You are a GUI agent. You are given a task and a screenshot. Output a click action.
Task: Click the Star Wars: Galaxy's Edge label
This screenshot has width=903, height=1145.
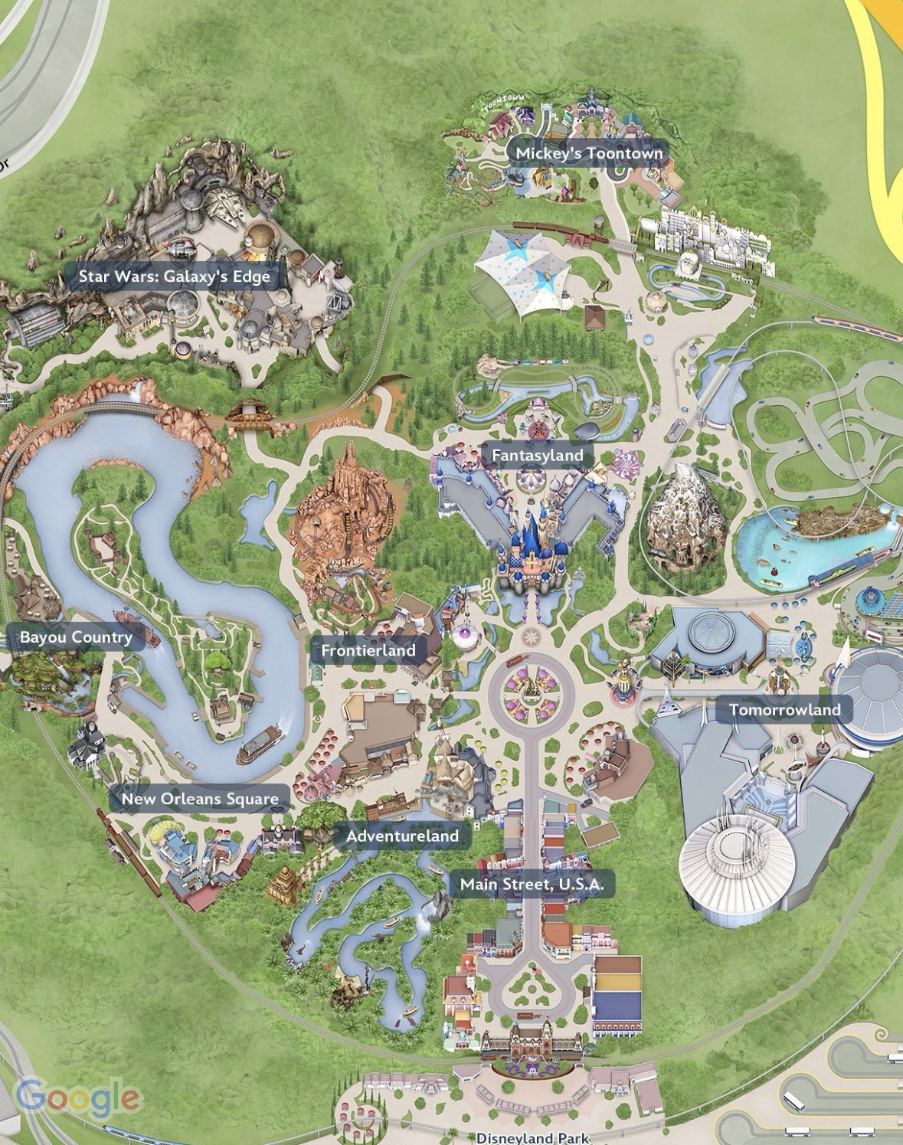[x=175, y=276]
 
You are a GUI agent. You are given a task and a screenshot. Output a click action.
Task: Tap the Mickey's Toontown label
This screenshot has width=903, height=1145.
[x=588, y=153]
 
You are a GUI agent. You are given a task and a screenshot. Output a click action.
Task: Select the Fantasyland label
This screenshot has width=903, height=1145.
[x=537, y=455]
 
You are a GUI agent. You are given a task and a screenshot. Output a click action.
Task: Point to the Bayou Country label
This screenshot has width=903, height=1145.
[x=76, y=637]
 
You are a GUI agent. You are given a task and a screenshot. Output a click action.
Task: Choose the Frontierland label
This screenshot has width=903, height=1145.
[x=368, y=650]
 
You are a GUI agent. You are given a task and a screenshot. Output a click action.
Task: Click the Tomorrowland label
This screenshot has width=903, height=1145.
[x=784, y=710]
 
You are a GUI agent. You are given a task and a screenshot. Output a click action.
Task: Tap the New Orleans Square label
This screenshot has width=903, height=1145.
[x=200, y=799]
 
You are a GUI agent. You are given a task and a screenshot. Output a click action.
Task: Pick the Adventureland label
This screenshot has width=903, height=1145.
[x=402, y=836]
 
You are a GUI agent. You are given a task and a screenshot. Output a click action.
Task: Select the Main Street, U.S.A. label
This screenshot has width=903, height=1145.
[x=532, y=885]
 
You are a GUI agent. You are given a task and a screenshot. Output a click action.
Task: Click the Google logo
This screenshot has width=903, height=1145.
[x=78, y=1098]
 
